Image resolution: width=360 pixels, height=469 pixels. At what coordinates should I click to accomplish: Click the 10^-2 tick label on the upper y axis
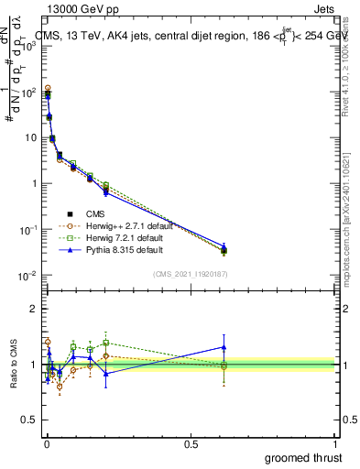(x=27, y=276)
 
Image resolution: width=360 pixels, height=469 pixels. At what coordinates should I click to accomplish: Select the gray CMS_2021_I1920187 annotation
(x=191, y=274)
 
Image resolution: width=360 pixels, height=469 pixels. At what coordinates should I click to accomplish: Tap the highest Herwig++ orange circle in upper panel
(x=48, y=88)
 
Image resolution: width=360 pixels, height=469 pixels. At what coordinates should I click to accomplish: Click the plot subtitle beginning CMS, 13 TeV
(x=183, y=35)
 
